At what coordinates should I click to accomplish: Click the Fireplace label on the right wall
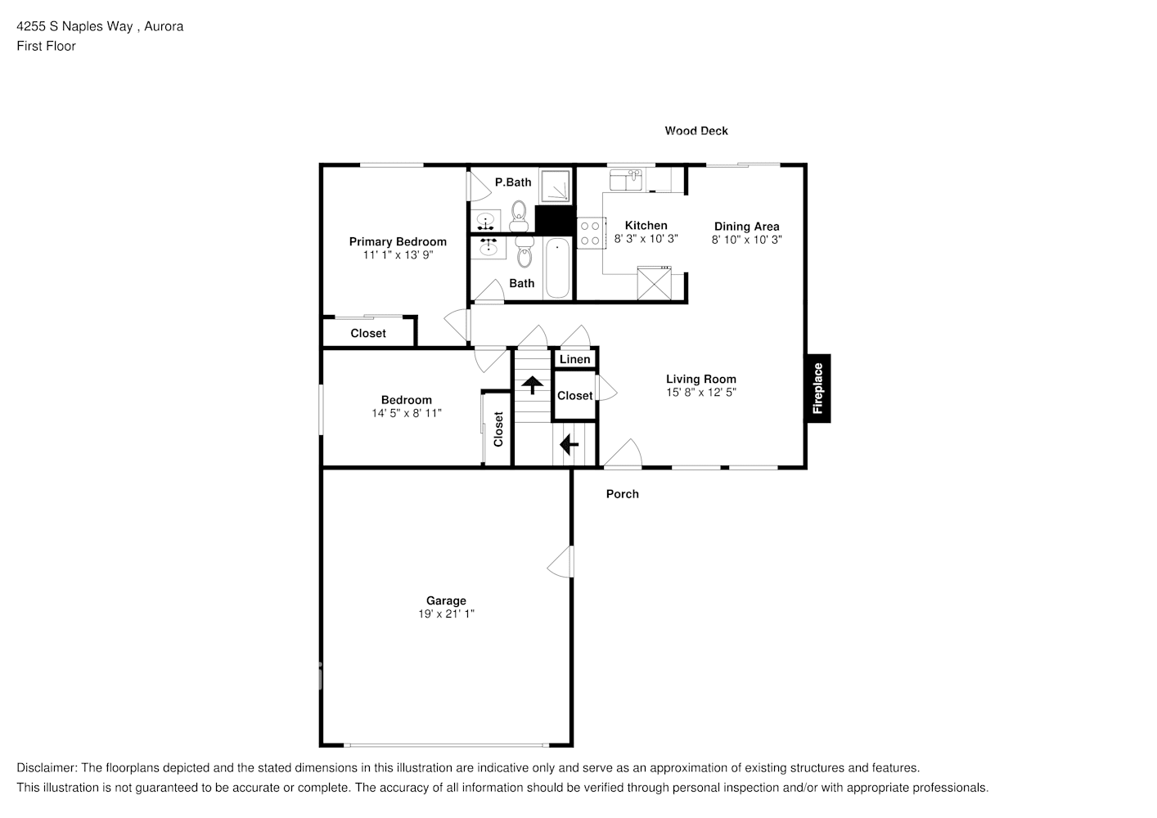(818, 389)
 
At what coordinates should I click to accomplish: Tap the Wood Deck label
(696, 131)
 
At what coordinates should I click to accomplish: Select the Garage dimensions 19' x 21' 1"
(446, 613)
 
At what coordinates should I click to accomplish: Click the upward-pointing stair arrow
(533, 384)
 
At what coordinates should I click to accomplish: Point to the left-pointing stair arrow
(568, 444)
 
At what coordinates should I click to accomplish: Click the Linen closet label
(575, 359)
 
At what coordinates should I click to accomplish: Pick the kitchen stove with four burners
(590, 231)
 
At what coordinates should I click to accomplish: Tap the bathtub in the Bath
(557, 268)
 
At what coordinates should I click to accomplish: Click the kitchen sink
(629, 178)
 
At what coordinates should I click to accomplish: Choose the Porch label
(622, 494)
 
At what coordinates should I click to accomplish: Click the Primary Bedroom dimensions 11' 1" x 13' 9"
(398, 254)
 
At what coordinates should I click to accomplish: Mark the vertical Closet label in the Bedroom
(498, 429)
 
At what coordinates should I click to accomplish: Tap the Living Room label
(700, 379)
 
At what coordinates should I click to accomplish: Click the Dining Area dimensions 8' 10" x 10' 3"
(746, 240)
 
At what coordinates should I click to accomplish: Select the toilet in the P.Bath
(519, 217)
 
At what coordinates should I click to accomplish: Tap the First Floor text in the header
(46, 46)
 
